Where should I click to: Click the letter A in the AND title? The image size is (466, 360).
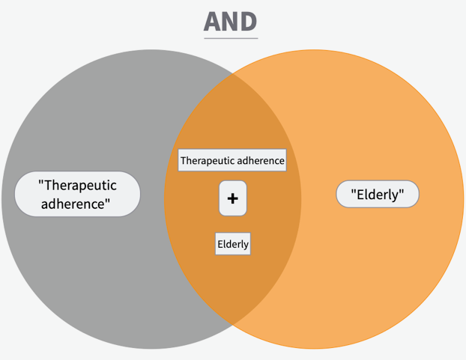(213, 22)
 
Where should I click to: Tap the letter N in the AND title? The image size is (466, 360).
(232, 22)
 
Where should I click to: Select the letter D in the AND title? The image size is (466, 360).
(249, 22)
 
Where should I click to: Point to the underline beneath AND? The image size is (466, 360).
(231, 38)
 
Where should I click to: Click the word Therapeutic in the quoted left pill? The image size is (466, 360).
(80, 186)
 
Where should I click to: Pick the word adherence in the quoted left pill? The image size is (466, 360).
(73, 204)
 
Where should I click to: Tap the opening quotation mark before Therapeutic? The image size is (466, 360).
(41, 182)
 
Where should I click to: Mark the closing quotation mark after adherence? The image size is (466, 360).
(108, 201)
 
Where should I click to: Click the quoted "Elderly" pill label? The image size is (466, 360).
(378, 194)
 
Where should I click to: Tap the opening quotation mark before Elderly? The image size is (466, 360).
(354, 192)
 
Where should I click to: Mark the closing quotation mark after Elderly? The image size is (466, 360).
(402, 192)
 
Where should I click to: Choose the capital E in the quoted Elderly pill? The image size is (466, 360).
(360, 195)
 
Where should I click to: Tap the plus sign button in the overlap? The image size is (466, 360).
(233, 198)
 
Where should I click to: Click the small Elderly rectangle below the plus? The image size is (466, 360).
(233, 244)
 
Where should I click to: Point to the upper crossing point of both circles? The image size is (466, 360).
(232, 74)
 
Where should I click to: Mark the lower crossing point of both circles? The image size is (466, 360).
(232, 324)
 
